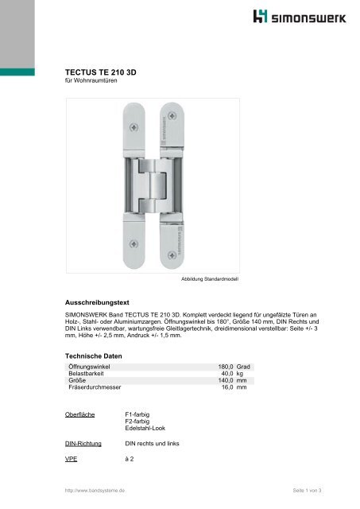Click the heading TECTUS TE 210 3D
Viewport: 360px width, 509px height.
100,72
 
